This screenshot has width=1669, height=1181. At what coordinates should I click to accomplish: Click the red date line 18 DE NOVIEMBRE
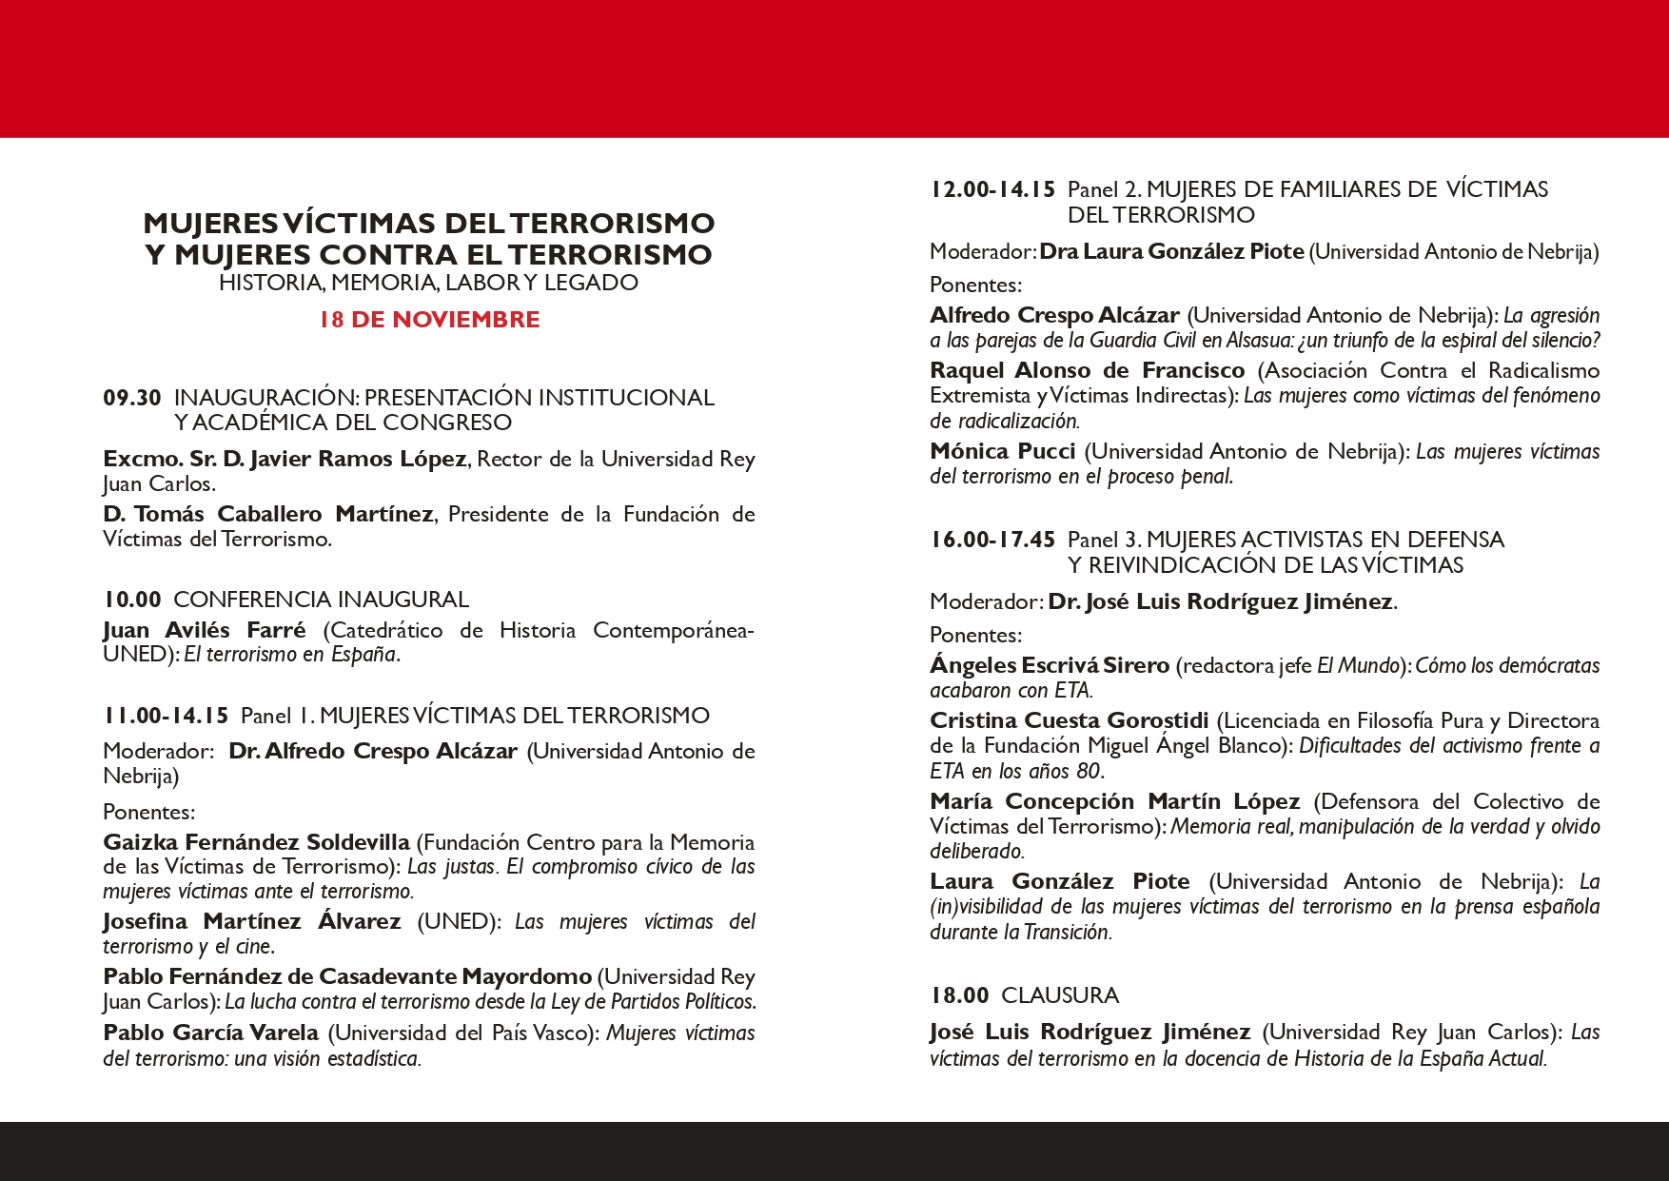coord(429,320)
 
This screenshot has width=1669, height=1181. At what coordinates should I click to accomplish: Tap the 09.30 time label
coord(132,398)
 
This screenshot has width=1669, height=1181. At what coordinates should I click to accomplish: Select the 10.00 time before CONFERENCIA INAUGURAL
coord(132,600)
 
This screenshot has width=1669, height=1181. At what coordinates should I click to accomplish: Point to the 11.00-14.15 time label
coord(166,716)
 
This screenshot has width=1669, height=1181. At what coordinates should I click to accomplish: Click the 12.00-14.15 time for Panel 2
coord(992,189)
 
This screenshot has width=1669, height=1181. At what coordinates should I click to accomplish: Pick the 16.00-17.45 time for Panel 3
coord(992,540)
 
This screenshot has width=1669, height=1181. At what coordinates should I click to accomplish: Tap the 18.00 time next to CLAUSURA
coord(959,995)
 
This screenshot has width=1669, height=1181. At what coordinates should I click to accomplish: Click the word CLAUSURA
coord(1060,995)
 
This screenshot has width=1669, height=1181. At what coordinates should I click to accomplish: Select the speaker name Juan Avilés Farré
coord(205,630)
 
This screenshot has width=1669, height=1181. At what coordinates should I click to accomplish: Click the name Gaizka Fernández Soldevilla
coord(256,842)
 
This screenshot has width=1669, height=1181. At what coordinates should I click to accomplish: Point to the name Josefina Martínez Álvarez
coord(252,921)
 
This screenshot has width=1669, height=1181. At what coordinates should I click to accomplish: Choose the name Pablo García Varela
coord(210,1033)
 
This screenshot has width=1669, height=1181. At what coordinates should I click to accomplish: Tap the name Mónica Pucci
coord(1002,451)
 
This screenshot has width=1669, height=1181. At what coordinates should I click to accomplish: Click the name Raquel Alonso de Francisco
coord(1087,370)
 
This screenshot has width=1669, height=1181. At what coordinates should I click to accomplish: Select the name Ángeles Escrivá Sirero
coord(1049,665)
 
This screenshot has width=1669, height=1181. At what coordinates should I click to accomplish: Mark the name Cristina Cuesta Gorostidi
coord(1069,720)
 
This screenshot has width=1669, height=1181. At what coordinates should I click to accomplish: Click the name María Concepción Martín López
coord(1114,801)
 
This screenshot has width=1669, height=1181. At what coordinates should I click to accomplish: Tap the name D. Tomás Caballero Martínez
coord(267,514)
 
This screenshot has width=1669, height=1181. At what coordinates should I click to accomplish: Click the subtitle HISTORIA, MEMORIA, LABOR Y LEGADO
coord(428,283)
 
